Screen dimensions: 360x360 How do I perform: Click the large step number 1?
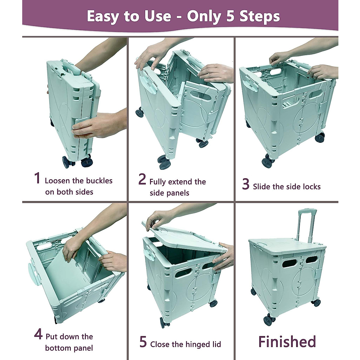(x=37, y=178)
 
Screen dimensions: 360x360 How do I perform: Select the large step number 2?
(x=142, y=179)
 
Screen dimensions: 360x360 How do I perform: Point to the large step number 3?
(x=246, y=184)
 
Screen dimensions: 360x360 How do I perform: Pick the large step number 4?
(x=38, y=334)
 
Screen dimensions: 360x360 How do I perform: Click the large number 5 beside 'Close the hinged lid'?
(x=143, y=342)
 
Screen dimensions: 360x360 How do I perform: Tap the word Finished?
(x=287, y=342)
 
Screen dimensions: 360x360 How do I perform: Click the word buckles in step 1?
(x=99, y=181)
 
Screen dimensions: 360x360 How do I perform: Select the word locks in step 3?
(x=311, y=187)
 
